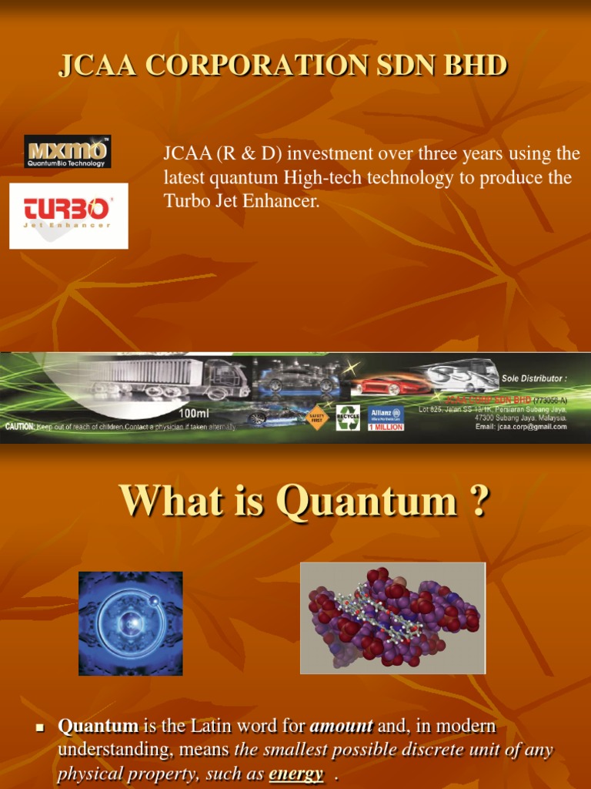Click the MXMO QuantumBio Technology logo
pyautogui.click(x=68, y=151)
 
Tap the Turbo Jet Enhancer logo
pyautogui.click(x=68, y=215)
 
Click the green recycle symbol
pyautogui.click(x=348, y=417)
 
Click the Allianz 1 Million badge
pyautogui.click(x=386, y=418)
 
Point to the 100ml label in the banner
pyautogui.click(x=195, y=413)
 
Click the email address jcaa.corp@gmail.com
pyautogui.click(x=521, y=426)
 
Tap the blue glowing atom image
pyautogui.click(x=131, y=623)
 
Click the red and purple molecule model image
pyautogui.click(x=392, y=618)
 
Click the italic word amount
pyautogui.click(x=341, y=725)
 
